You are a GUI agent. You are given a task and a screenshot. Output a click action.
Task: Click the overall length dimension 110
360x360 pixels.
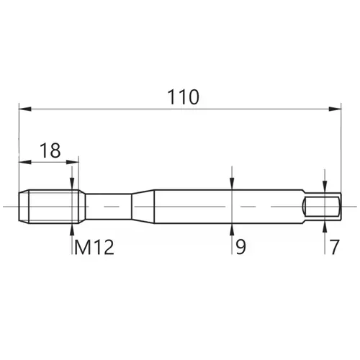click(x=183, y=97)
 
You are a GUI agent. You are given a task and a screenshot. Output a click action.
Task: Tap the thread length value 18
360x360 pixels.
click(x=50, y=150)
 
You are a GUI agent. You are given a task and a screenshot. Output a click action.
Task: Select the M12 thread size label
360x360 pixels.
click(x=94, y=248)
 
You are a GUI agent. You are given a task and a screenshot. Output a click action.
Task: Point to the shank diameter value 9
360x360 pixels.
click(x=240, y=247)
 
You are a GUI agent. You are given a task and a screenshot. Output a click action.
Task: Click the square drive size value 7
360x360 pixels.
click(x=335, y=247)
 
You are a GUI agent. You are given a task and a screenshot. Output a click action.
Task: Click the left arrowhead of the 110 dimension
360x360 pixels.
click(x=25, y=109)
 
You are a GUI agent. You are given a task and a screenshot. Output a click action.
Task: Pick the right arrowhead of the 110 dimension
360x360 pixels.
click(x=335, y=109)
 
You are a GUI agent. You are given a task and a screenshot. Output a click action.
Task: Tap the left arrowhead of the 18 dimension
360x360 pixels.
click(x=25, y=162)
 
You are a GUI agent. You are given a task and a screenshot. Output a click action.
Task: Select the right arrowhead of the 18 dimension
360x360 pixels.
click(x=73, y=162)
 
